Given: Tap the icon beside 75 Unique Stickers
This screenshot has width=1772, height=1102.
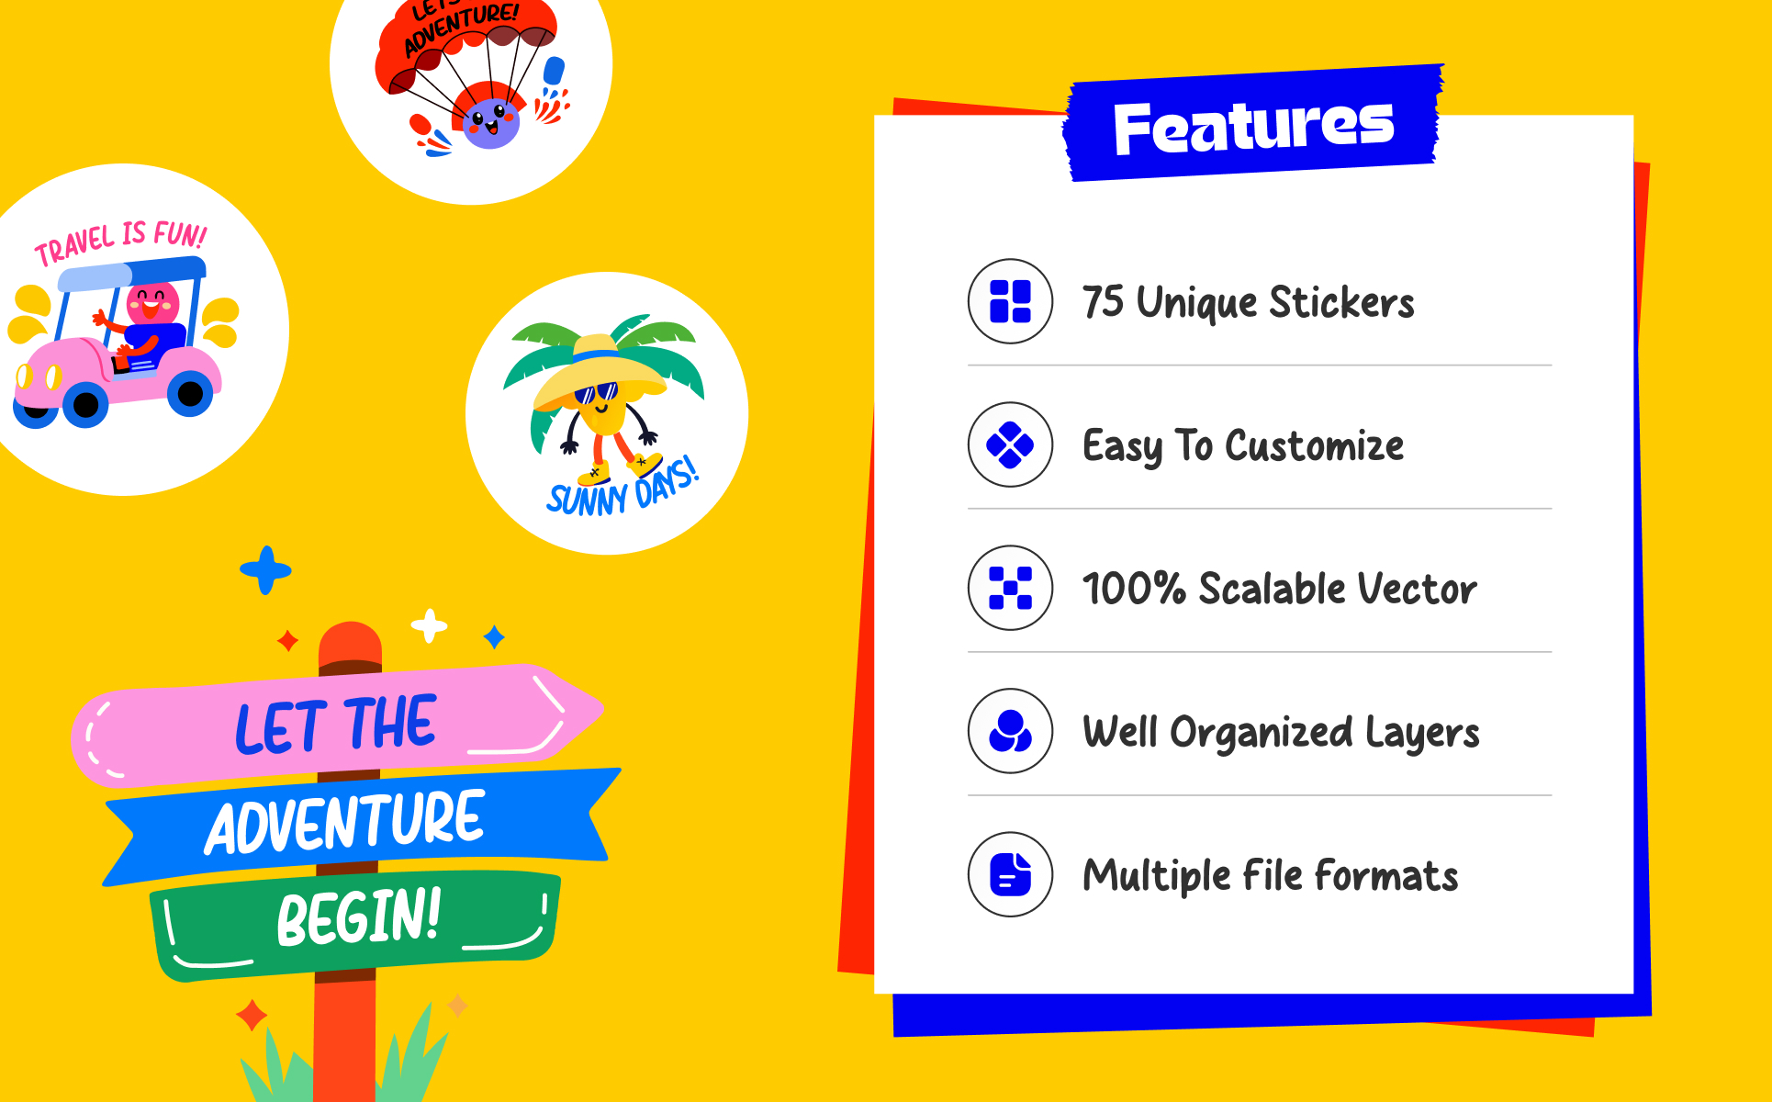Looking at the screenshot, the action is [x=1010, y=301].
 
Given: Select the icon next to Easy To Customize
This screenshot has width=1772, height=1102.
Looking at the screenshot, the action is [x=1010, y=444].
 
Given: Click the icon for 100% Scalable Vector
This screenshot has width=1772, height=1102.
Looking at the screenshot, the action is [x=1010, y=588].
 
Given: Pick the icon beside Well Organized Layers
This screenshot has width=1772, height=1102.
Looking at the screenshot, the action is [x=1010, y=731].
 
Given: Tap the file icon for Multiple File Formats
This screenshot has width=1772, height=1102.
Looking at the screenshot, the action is [x=1010, y=874].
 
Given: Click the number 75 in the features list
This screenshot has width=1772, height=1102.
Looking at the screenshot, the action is [x=1103, y=302].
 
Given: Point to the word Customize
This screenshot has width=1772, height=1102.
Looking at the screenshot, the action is [x=1315, y=446].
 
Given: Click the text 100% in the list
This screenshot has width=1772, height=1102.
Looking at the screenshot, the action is [x=1135, y=589].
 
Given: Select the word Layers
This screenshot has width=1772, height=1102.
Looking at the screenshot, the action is [x=1422, y=734].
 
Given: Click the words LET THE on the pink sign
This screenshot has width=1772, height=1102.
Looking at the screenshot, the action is [x=336, y=725].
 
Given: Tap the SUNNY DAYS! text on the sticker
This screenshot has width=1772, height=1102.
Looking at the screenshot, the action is [x=622, y=488].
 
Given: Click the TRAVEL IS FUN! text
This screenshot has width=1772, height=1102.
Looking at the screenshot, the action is [x=120, y=242].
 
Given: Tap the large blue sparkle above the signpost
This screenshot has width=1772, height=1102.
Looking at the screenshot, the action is [x=265, y=570].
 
